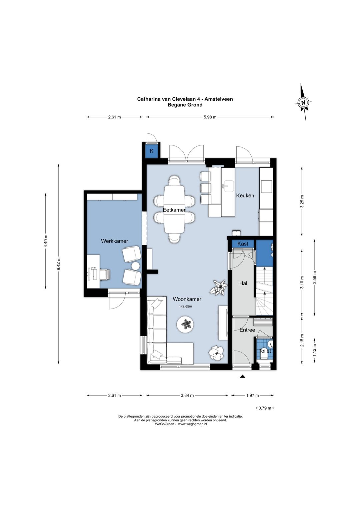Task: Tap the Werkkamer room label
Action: click(114, 241)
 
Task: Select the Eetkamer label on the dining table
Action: click(174, 210)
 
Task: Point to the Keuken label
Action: click(245, 195)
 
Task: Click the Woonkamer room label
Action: click(187, 299)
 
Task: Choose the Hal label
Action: click(243, 283)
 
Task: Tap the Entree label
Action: click(247, 330)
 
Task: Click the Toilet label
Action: click(265, 351)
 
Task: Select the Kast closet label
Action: click(243, 243)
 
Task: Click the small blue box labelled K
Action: click(151, 151)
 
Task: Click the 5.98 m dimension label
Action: click(210, 117)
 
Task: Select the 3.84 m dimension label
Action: click(187, 395)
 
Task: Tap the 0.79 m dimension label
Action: click(265, 408)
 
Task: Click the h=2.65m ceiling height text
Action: click(185, 306)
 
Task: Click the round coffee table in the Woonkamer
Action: click(185, 324)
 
